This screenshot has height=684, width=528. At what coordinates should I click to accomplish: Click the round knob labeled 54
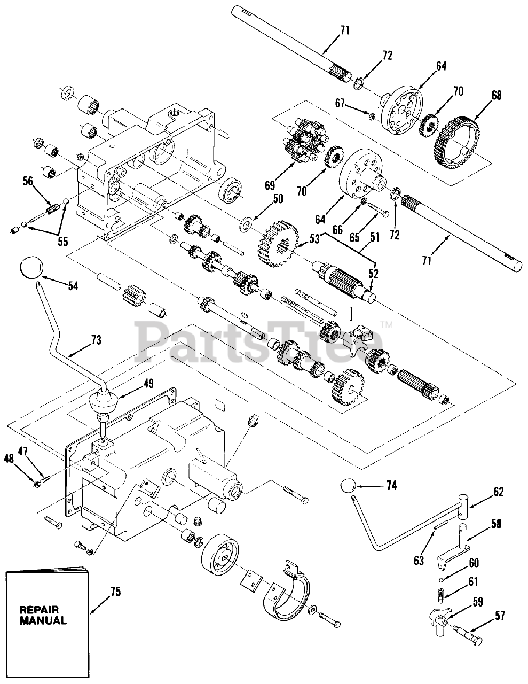[x=31, y=267]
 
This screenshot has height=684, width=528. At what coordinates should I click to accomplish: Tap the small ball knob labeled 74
[x=348, y=487]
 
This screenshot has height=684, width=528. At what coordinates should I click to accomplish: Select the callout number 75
[x=116, y=592]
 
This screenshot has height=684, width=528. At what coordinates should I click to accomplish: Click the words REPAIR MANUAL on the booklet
[x=43, y=615]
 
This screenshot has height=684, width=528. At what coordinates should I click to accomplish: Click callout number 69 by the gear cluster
[x=270, y=185]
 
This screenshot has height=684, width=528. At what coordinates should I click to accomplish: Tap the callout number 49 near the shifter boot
[x=148, y=383]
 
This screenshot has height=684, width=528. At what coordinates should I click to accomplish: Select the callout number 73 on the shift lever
[x=96, y=339]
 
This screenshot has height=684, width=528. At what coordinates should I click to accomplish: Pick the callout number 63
[x=419, y=560]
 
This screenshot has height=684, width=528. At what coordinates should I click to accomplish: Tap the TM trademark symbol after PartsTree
[x=385, y=324]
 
